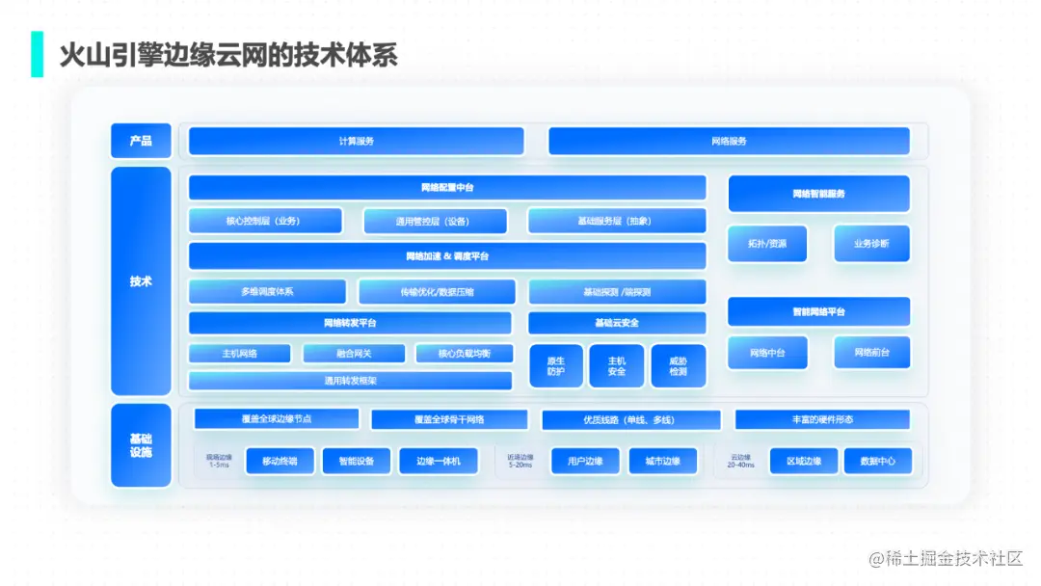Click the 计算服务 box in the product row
click(356, 142)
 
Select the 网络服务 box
click(729, 142)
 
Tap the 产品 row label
click(141, 141)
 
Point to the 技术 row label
click(141, 281)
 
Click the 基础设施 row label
click(141, 445)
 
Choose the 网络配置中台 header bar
click(446, 188)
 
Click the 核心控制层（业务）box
click(264, 221)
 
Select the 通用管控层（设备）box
click(435, 221)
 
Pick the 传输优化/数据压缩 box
click(437, 292)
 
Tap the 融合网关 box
click(354, 354)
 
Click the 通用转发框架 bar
click(350, 381)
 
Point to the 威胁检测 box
click(678, 366)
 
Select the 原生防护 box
click(556, 366)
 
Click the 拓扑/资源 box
click(767, 244)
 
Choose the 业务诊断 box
click(871, 244)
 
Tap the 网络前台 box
click(871, 353)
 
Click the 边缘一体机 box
click(439, 462)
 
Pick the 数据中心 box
click(877, 462)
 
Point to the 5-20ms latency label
click(520, 465)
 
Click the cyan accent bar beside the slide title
click(38, 54)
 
